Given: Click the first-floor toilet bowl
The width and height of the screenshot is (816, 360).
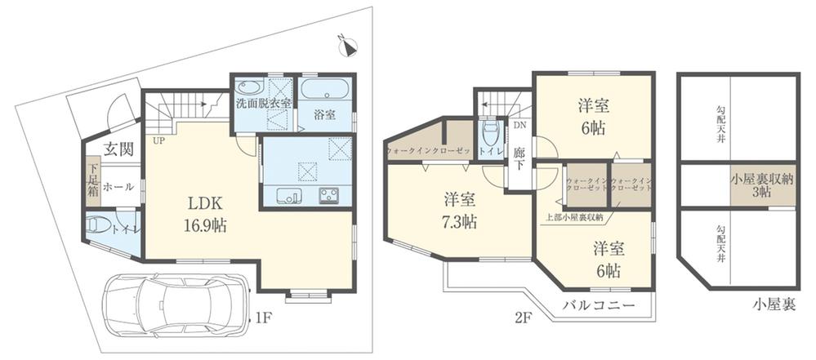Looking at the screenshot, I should [98, 225].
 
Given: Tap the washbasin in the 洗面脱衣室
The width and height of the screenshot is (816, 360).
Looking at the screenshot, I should [249, 87].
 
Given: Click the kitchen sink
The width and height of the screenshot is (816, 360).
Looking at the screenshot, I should [288, 196].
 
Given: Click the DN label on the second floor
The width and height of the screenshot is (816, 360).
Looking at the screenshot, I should [519, 125].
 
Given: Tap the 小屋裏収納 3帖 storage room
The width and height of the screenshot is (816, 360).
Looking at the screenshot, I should [763, 184].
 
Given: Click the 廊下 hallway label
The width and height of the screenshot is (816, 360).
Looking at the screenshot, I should [519, 158].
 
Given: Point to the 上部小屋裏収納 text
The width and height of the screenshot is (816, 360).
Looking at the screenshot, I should [574, 217].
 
